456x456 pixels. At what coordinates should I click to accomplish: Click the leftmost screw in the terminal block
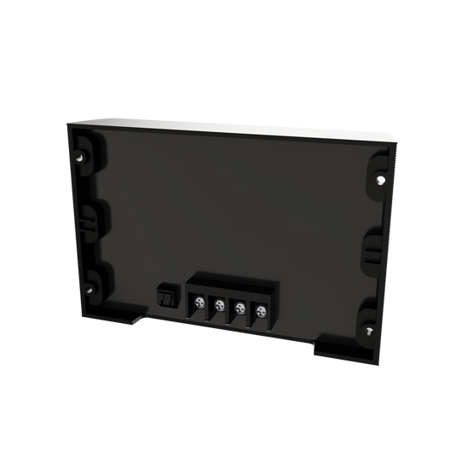[199, 303]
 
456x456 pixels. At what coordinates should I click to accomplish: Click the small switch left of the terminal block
[165, 295]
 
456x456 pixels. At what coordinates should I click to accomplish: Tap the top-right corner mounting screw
[379, 181]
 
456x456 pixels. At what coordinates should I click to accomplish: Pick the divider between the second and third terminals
[230, 310]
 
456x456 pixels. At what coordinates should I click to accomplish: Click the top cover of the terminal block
[230, 282]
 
